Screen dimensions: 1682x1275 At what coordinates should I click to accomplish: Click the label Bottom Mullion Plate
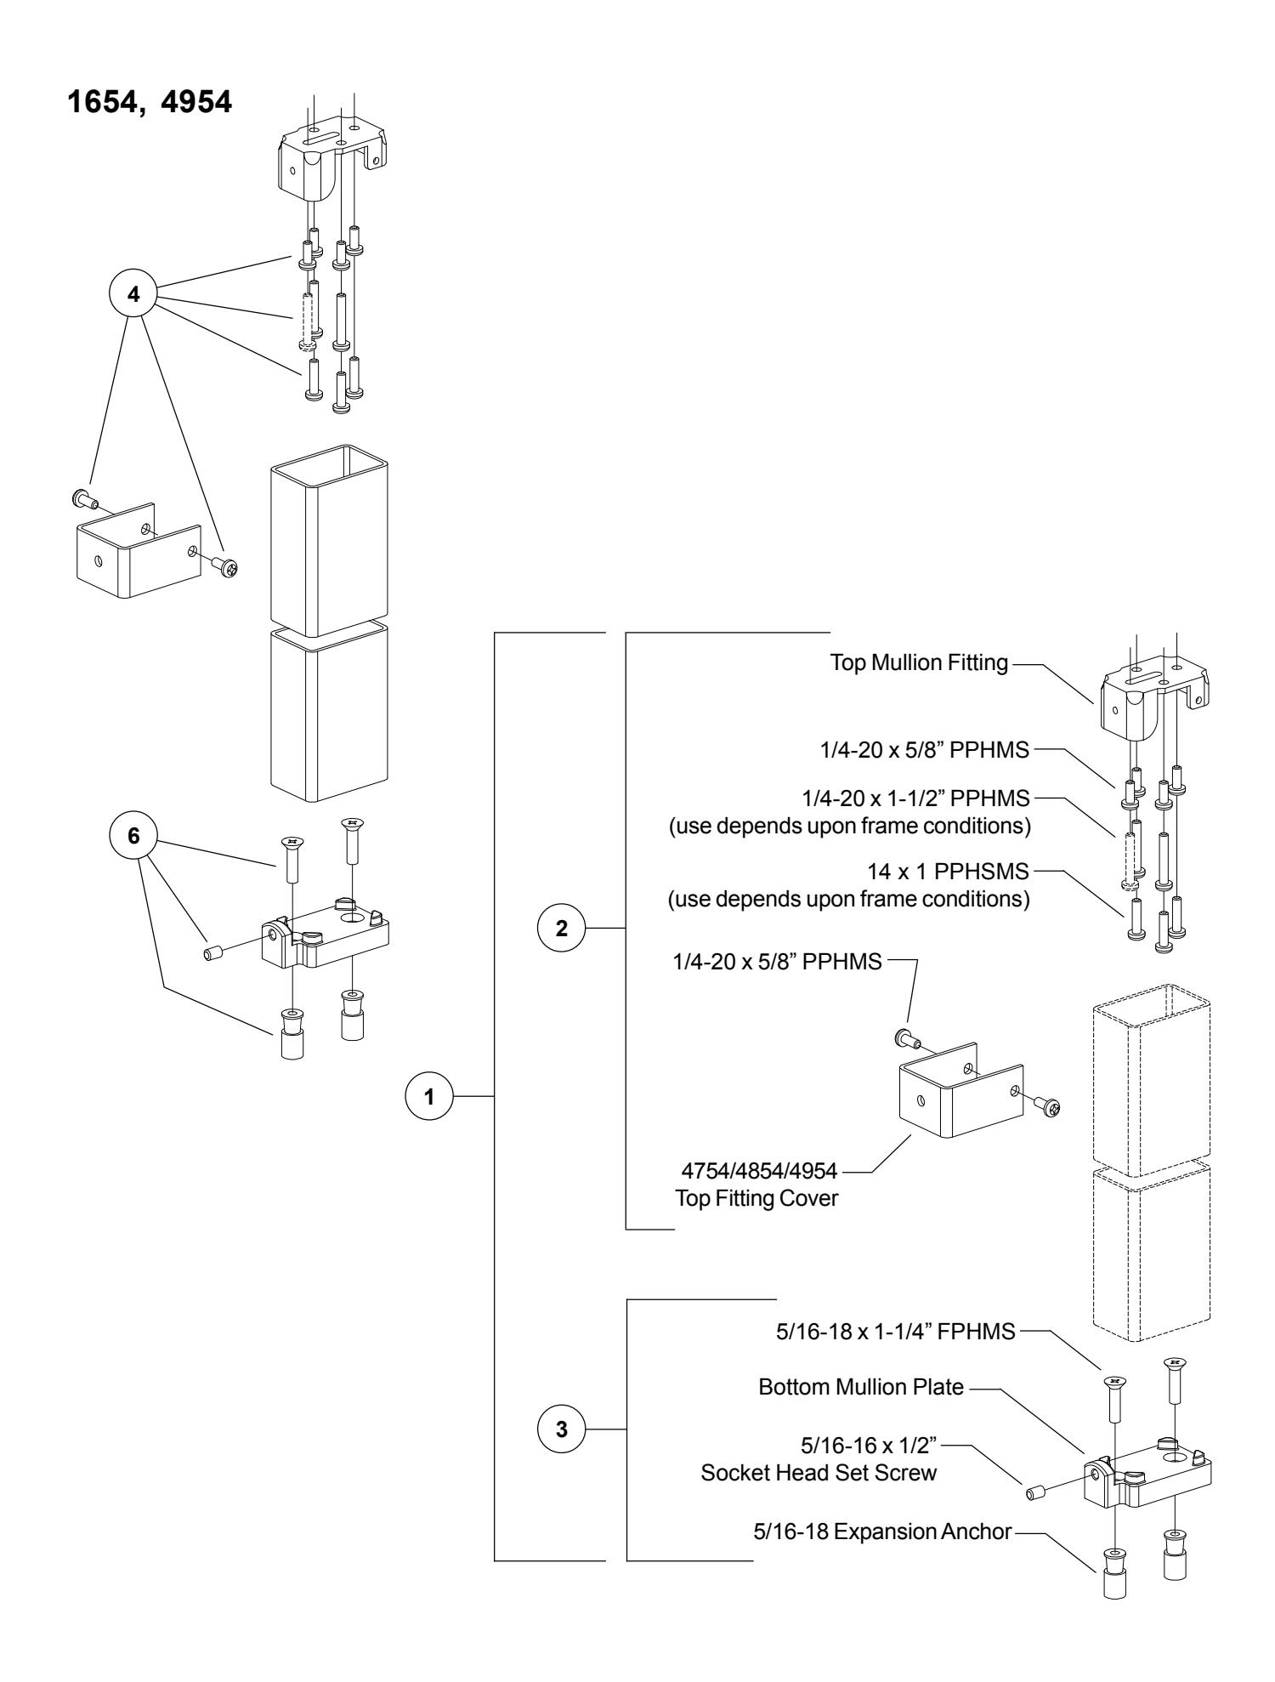click(x=861, y=1388)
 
